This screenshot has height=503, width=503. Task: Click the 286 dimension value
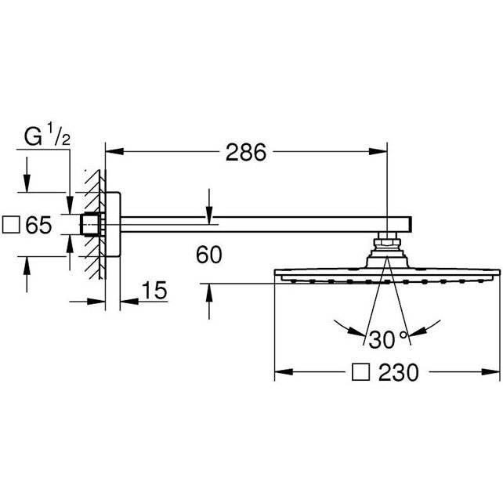(x=246, y=152)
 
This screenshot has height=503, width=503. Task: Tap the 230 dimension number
(x=399, y=372)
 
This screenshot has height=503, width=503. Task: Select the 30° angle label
(x=388, y=340)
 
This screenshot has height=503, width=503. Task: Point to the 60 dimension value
(x=209, y=255)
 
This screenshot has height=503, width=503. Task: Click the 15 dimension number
(x=154, y=291)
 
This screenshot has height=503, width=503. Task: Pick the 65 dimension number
(x=38, y=225)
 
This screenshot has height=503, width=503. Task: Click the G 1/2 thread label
(x=48, y=135)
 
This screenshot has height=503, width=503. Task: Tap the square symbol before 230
(x=361, y=372)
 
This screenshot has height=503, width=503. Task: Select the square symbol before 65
(x=11, y=225)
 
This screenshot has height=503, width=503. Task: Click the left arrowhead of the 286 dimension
(x=114, y=151)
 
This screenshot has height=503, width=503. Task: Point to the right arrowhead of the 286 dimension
(x=378, y=151)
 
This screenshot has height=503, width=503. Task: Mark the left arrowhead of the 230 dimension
(x=284, y=372)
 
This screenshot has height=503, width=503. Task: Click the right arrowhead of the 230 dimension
(x=490, y=372)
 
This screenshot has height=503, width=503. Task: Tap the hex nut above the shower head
(x=387, y=242)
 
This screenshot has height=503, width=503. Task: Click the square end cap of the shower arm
(x=410, y=224)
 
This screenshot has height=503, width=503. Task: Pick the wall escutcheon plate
(x=113, y=224)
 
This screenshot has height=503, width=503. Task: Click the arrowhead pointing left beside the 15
(x=129, y=302)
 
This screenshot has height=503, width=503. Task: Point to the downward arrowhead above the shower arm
(x=209, y=215)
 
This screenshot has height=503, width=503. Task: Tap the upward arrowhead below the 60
(x=209, y=293)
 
